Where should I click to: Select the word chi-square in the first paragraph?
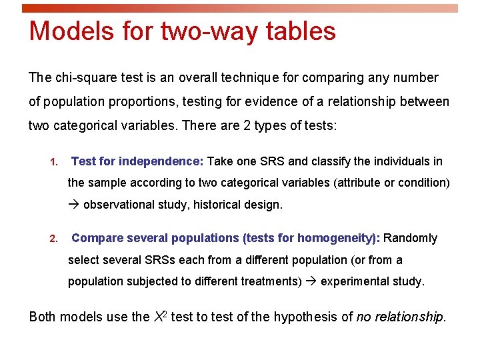coord(86,78)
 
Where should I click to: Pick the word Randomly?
coord(411,238)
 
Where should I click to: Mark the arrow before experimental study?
coord(311,281)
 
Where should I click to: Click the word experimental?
coord(351,281)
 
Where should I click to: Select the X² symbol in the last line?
coord(160,316)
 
